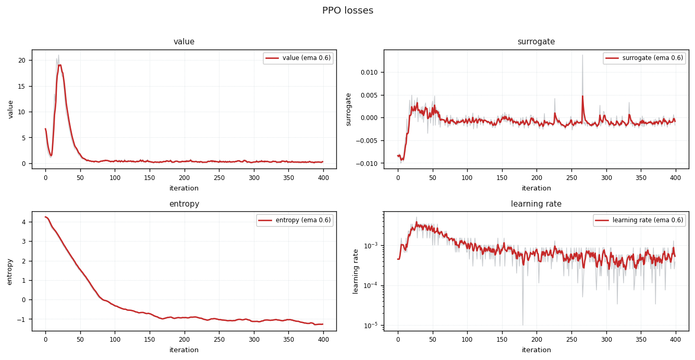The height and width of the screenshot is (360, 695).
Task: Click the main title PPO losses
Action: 347,10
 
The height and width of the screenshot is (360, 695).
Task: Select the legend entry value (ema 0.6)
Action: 298,58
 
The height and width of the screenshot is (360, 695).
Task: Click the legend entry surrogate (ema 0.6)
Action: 644,58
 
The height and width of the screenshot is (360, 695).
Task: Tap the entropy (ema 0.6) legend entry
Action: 295,220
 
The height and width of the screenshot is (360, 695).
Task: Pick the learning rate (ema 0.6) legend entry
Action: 639,220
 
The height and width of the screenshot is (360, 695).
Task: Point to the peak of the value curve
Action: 59,65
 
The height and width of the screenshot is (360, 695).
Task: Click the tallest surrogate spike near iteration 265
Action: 582,55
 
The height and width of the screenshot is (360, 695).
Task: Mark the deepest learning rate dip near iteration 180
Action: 523,325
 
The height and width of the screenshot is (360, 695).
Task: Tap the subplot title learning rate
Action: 536,204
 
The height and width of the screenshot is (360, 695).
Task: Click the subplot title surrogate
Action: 536,42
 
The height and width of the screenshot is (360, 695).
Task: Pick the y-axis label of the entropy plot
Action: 9,272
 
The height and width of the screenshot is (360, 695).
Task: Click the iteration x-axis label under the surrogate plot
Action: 536,188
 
